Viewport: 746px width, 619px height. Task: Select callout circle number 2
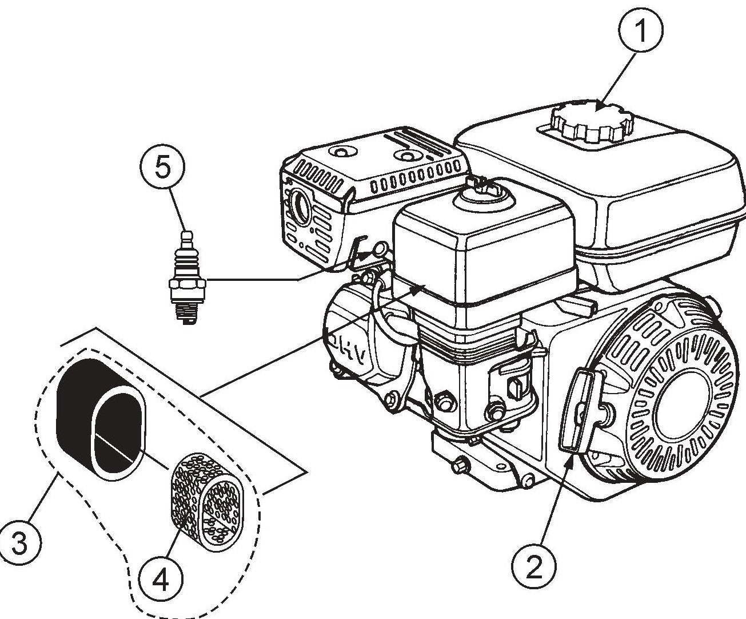pos(533,568)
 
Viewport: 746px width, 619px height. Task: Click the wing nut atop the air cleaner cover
pos(482,184)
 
